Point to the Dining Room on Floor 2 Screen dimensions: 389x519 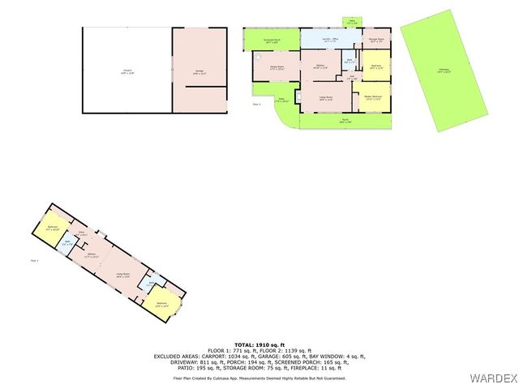point(276,68)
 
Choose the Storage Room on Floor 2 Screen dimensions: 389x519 point(375,40)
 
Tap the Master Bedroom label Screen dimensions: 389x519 point(372,99)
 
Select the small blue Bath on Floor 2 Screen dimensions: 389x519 point(348,62)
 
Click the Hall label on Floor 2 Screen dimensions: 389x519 point(351,78)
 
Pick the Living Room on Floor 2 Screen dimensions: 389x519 point(325,99)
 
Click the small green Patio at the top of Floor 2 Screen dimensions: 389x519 point(351,22)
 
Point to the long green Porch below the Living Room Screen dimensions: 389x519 point(344,121)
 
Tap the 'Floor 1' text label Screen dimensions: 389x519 point(34,260)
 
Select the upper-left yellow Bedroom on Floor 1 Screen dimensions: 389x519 point(52,229)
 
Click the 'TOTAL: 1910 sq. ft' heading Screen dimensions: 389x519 point(259,344)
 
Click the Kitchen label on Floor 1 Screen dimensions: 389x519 point(92,255)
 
